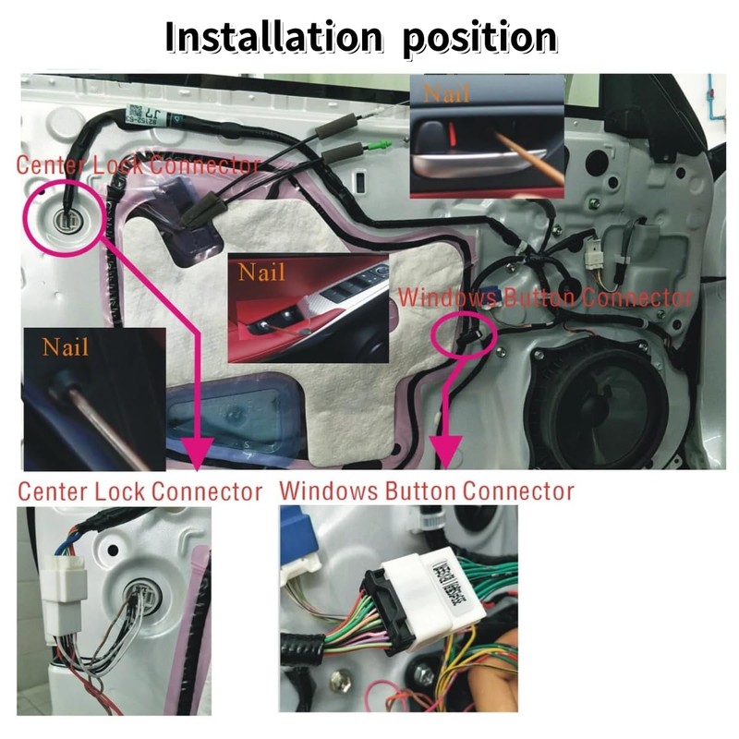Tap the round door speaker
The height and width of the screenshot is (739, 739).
[601, 398]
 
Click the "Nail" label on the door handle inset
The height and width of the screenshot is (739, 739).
[447, 93]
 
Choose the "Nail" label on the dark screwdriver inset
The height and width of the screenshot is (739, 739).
[66, 346]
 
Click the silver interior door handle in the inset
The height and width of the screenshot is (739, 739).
[480, 166]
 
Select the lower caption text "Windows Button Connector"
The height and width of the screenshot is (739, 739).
[426, 490]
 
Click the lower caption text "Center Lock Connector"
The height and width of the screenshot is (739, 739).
[139, 491]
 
